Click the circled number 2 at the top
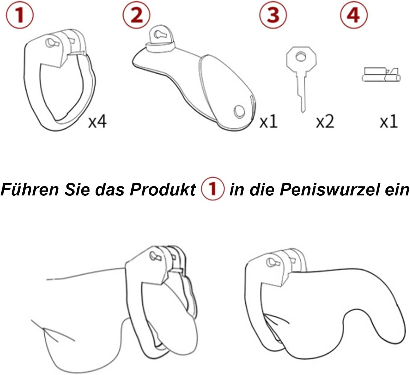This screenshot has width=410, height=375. click(137, 15)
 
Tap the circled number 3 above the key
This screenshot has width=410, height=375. click(273, 15)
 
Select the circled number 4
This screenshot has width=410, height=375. click(354, 15)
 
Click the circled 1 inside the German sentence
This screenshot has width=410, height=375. click(213, 189)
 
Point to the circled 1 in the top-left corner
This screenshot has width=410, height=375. click(19, 15)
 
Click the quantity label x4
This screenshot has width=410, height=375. click(97, 122)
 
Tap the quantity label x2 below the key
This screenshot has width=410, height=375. click(325, 122)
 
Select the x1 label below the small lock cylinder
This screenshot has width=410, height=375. click(388, 122)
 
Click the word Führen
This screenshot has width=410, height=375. click(30, 189)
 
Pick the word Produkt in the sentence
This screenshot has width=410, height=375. click(163, 189)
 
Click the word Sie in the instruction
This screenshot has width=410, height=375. click(77, 189)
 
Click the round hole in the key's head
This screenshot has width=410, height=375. click(301, 56)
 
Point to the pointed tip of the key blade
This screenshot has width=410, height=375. click(303, 112)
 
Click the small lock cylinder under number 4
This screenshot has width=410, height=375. click(381, 75)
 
